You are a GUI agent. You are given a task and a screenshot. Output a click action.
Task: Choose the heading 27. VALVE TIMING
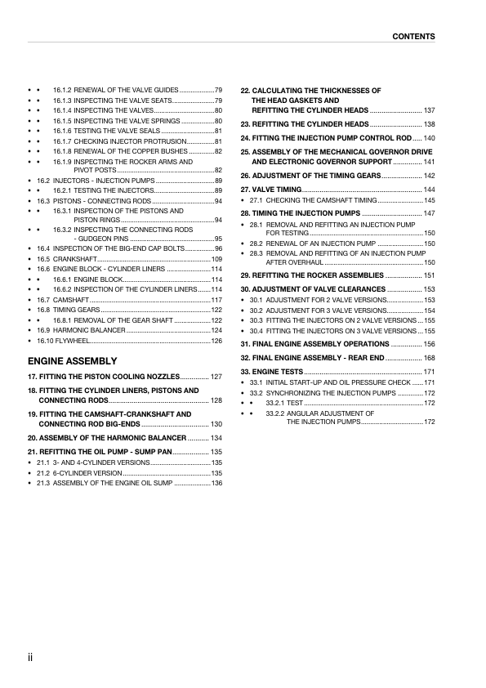pos(270,190)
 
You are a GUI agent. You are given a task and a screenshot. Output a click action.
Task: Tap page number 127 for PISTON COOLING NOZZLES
pos(216,377)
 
